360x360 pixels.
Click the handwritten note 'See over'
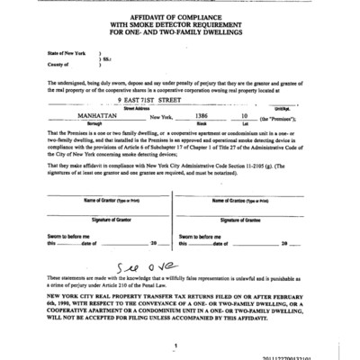[x=171, y=266]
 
